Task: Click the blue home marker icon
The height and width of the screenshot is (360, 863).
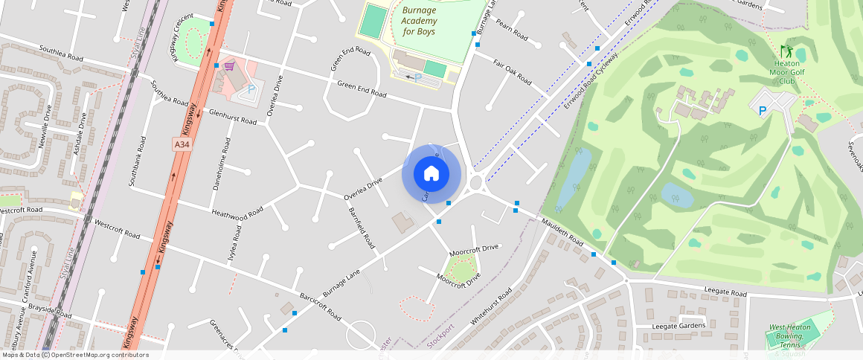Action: [x=431, y=174]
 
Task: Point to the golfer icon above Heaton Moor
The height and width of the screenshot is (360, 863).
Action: [x=787, y=51]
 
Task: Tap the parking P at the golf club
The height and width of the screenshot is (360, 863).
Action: [x=761, y=111]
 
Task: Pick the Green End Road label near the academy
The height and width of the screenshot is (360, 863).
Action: [x=362, y=89]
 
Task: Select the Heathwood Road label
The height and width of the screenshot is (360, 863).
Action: [x=237, y=213]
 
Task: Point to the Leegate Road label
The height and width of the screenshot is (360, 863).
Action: [x=719, y=293]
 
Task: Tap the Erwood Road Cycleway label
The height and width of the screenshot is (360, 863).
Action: [x=591, y=80]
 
